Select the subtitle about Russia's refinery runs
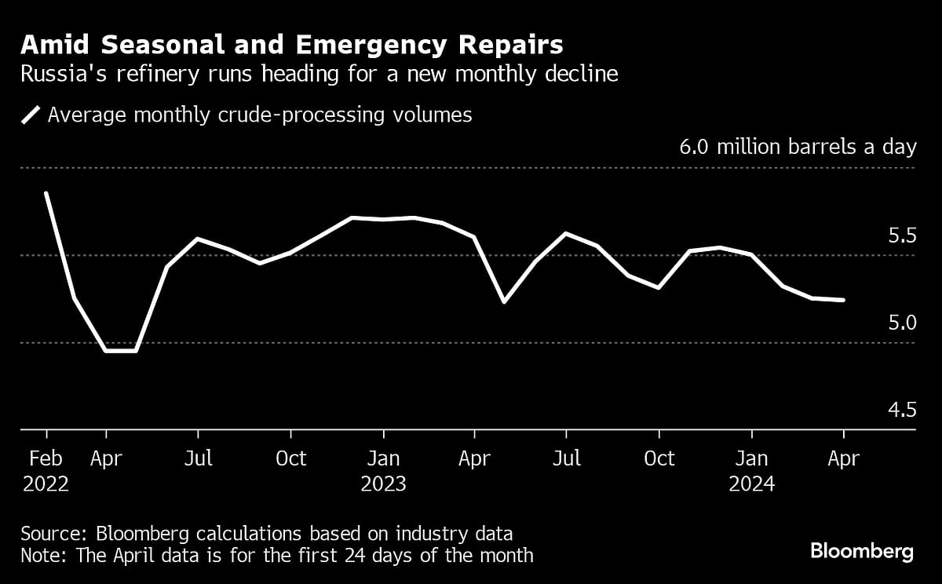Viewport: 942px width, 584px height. coord(319,75)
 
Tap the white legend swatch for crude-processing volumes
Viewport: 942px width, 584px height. coord(31,115)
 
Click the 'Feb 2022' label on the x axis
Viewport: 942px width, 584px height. coord(46,470)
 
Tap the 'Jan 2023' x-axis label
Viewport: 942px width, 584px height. coord(383,470)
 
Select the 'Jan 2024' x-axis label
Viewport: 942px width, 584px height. coord(752,470)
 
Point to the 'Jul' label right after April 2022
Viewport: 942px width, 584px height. coord(199,458)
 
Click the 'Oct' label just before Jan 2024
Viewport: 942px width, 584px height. coord(659,458)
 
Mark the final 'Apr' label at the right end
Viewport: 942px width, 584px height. coord(843,458)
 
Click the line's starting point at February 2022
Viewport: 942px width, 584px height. coord(46,193)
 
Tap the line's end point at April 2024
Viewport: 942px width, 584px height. coord(843,300)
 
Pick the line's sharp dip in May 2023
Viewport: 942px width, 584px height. coord(504,301)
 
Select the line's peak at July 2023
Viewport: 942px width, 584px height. coord(566,233)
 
